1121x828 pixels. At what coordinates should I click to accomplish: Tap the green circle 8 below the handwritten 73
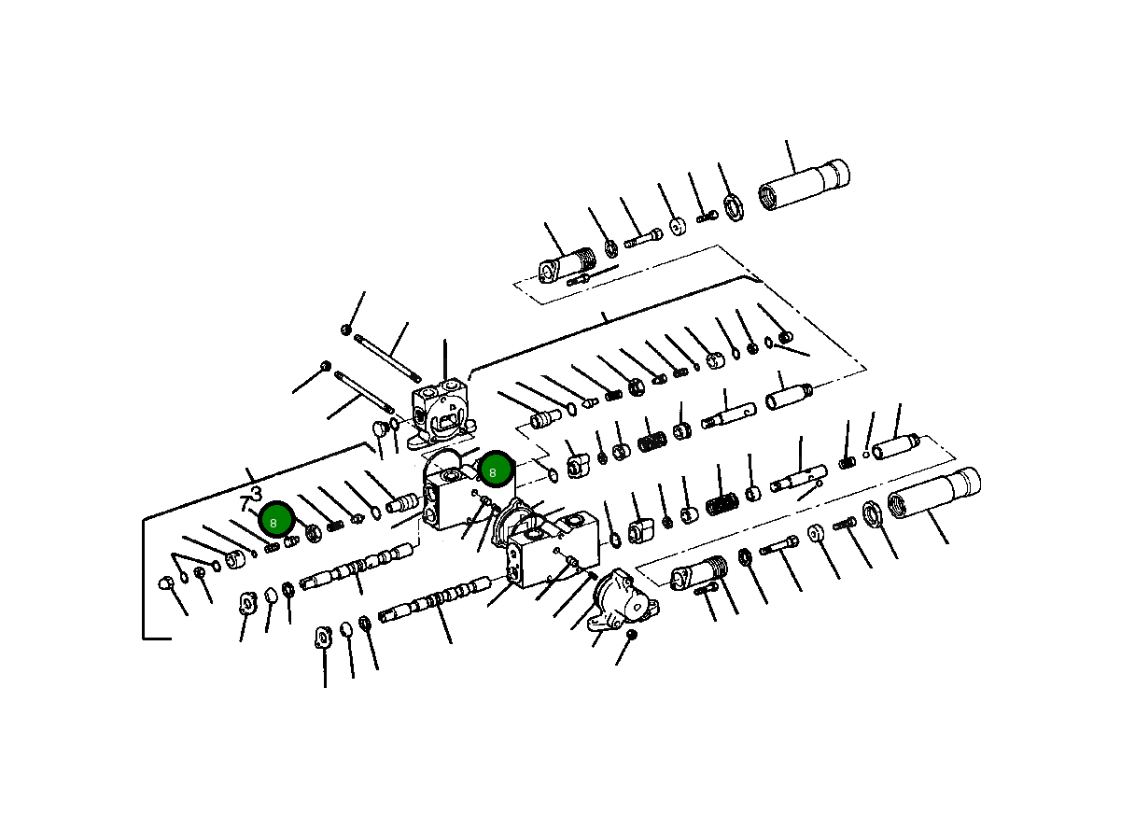tap(276, 520)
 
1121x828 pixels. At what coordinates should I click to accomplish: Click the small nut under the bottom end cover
tap(631, 635)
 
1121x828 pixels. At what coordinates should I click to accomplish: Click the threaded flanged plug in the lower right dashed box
tap(698, 572)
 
